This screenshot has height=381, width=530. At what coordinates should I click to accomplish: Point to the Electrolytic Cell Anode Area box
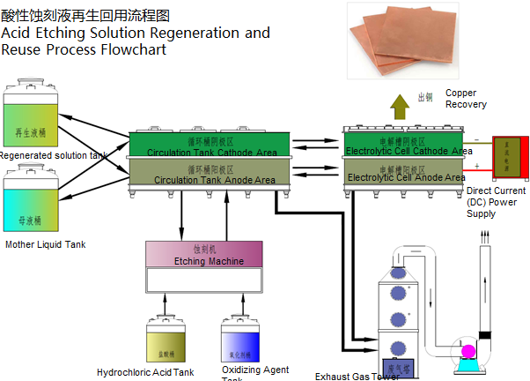click(x=404, y=172)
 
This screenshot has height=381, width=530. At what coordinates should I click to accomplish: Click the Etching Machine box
click(x=203, y=254)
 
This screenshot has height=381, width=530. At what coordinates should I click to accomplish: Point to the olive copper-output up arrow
click(x=400, y=103)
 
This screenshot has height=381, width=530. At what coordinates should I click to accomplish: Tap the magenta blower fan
click(x=468, y=352)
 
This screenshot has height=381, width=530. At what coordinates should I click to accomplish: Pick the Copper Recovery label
click(x=466, y=99)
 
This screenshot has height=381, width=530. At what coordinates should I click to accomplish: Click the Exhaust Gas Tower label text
click(x=357, y=377)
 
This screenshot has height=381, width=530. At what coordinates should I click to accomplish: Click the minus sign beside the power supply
click(x=478, y=140)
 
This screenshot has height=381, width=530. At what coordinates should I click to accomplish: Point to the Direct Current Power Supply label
click(x=496, y=202)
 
